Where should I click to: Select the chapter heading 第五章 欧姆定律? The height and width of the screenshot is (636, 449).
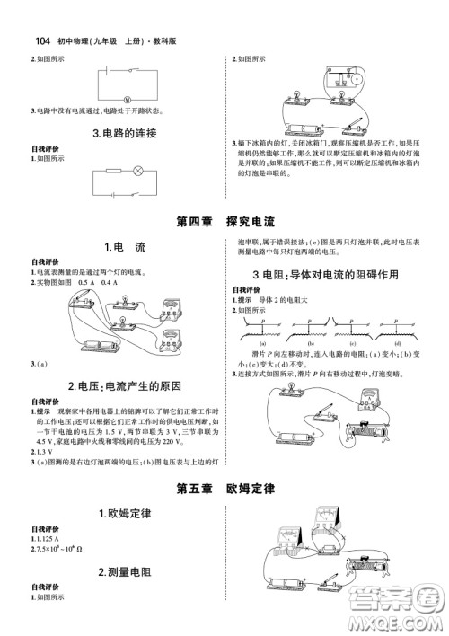224,490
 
